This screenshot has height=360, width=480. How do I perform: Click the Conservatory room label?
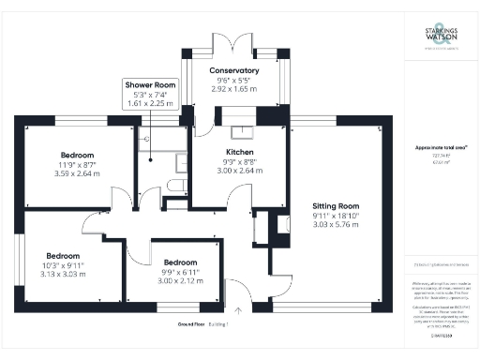pos(233,70)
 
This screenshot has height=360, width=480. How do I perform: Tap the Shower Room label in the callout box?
pos(151,84)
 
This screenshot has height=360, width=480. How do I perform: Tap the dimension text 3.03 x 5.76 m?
pos(335,225)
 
